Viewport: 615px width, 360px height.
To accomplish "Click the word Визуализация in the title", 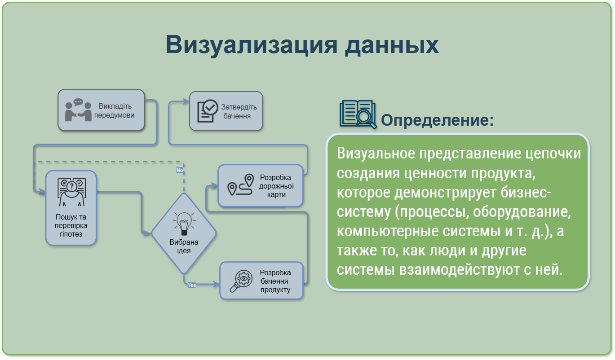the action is [252, 45].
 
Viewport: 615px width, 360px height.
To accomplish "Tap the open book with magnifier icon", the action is [358, 114].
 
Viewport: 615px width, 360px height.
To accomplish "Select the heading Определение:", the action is [437, 120].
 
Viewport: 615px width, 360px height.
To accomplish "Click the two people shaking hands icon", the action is [78, 110].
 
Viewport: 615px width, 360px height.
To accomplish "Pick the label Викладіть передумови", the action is [115, 110].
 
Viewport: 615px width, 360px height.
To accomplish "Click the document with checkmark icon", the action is [208, 111].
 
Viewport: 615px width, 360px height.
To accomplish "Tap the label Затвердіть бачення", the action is [239, 111].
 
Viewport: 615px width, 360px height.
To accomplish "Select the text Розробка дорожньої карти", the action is [276, 186].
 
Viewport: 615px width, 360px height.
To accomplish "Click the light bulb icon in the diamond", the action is [184, 224].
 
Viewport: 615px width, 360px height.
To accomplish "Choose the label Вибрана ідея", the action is [184, 246].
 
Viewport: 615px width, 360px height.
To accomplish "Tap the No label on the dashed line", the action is [180, 170].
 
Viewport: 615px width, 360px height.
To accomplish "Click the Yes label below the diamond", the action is [192, 285].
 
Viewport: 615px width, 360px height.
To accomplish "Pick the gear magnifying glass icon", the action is [241, 281].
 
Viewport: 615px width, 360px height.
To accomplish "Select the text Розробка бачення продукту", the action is [275, 281].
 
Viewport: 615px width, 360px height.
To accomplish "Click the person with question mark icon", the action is [72, 192].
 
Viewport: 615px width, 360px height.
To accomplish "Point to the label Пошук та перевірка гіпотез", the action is [71, 225].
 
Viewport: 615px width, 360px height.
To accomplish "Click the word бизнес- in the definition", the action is [526, 193].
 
